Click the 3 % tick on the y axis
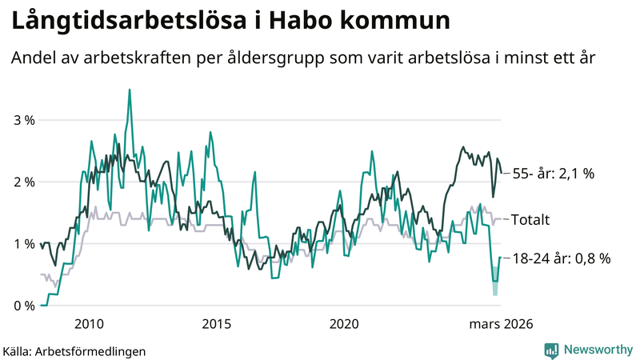click(x=24, y=121)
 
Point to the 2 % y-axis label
click(x=24, y=182)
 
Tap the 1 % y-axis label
click(x=24, y=244)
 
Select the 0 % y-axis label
click(x=24, y=306)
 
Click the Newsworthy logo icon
click(x=551, y=350)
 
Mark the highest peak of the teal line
click(x=130, y=90)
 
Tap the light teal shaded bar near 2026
click(x=495, y=287)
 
